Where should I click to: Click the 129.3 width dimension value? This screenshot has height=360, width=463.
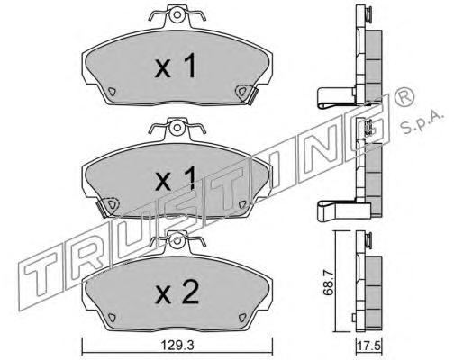[177, 346]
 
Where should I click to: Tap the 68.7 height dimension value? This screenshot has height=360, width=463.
[328, 283]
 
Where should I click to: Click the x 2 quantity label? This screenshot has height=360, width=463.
[177, 292]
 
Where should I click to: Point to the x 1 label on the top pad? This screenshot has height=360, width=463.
[176, 66]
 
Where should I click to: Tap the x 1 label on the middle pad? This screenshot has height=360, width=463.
[176, 179]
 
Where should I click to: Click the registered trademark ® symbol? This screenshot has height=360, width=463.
[404, 97]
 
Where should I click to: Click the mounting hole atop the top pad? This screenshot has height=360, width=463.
[177, 14]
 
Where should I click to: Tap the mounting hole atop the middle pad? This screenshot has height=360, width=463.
[177, 128]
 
